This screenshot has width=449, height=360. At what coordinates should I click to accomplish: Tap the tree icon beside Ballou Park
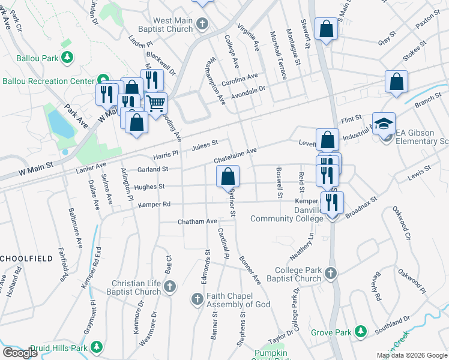pos(68,58)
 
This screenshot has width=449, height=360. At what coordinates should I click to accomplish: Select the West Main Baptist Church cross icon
pos(203,25)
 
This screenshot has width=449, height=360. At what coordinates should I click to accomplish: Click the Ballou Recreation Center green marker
pos(103,80)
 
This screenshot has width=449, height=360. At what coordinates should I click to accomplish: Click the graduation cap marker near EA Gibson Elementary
pos(384,123)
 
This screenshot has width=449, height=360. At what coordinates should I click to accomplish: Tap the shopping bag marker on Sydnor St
pos(228,176)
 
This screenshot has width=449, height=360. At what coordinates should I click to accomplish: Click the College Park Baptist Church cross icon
pos(330,274)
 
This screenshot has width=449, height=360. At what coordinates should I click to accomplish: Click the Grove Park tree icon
pos(360,331)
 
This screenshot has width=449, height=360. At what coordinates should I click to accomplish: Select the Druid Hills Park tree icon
pos(96,347)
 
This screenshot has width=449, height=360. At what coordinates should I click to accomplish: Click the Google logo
pos(20,352)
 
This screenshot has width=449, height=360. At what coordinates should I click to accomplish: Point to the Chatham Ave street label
pos(197,222)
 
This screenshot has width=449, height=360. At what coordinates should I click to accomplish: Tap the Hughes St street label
pos(149,187)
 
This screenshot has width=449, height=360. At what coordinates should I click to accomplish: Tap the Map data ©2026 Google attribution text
pos(412,355)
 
